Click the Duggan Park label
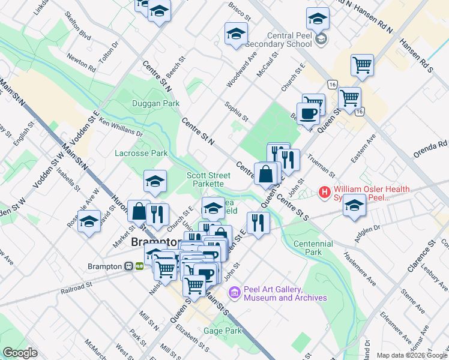(x=155, y=103)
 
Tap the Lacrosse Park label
(x=141, y=153)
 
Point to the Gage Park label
(x=222, y=331)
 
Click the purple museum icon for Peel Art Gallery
(x=235, y=293)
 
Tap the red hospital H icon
(x=325, y=193)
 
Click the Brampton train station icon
(x=129, y=266)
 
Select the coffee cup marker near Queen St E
(x=309, y=113)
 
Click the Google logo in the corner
(x=20, y=352)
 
